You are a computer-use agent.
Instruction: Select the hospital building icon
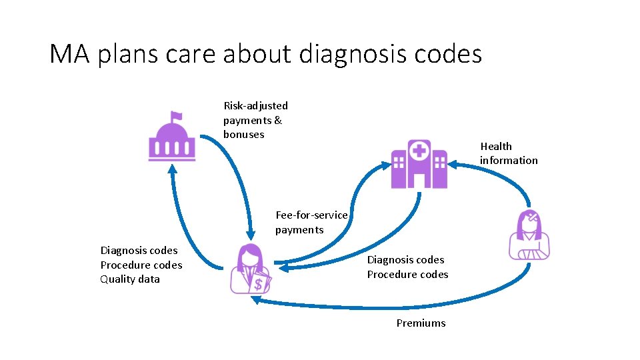pos(419,164)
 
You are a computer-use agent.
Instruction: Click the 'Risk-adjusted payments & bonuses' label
pos(255,120)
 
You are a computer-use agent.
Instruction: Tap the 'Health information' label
pos(508,153)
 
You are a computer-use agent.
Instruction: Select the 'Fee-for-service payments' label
pos(311,222)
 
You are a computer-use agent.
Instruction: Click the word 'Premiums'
pos(421,323)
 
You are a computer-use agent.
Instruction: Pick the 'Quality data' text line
pos(130,279)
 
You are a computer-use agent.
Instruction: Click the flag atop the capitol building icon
pos(177,117)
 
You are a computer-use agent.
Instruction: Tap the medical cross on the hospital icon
pos(419,150)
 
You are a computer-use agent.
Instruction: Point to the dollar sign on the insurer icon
pos(259,285)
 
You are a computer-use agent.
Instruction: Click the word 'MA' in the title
pos(70,54)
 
